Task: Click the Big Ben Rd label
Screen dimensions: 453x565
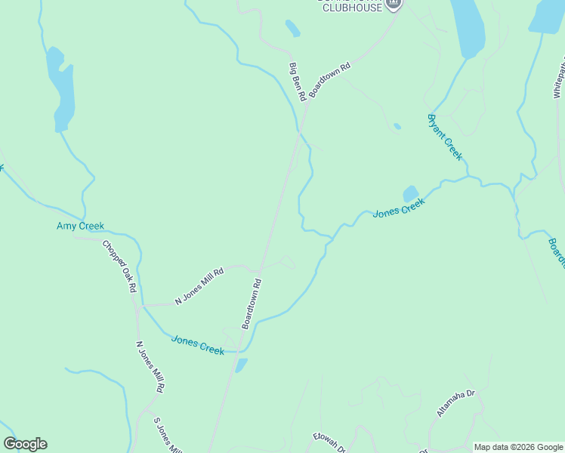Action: tap(298, 82)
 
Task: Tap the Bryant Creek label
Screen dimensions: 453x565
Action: tap(445, 137)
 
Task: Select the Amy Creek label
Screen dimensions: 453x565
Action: tap(80, 226)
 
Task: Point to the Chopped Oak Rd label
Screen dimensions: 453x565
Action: tap(119, 267)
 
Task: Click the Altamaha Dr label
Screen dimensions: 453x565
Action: tap(455, 403)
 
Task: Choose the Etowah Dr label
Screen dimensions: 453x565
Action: tap(329, 442)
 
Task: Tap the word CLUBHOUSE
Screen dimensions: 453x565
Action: tap(352, 8)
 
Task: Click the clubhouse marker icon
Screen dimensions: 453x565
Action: tap(393, 5)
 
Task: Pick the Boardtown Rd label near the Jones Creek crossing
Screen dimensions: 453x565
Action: tap(252, 304)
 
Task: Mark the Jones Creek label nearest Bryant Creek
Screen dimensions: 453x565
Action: tap(400, 207)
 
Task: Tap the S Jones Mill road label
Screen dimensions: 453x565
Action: tap(168, 436)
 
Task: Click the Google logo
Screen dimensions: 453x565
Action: tap(25, 444)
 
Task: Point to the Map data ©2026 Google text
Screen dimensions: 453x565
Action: tap(518, 447)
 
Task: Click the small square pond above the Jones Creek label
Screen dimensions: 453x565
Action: tap(411, 194)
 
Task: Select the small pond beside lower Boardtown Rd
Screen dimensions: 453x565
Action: tap(240, 365)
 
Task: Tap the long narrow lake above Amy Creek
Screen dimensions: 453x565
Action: tap(60, 87)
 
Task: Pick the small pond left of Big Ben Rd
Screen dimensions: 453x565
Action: tap(292, 29)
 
